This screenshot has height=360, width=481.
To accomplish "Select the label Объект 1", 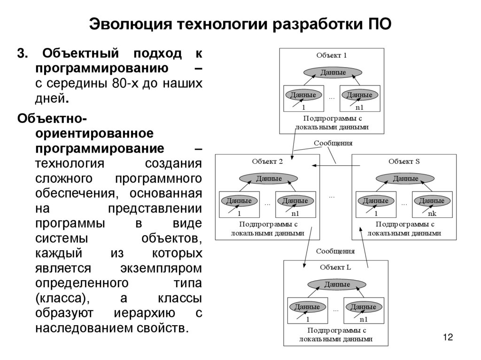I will (x=332, y=55).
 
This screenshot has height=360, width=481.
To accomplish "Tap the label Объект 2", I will (x=267, y=161).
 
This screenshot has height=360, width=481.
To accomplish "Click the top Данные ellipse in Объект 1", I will (x=333, y=72).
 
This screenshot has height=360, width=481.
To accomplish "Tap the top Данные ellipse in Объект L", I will (x=336, y=284).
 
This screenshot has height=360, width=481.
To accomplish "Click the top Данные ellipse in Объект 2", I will (x=268, y=179).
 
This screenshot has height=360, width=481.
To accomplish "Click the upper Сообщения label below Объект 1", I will (x=333, y=143).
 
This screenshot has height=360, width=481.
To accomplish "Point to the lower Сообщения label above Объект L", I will (x=335, y=251).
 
